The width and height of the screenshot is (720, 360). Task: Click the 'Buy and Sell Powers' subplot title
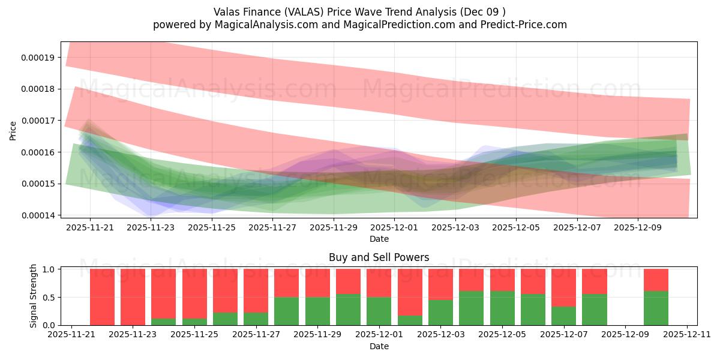(x=379, y=257)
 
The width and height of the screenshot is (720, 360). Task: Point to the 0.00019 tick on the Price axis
(x=38, y=58)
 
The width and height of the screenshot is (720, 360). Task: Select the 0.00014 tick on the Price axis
(x=38, y=215)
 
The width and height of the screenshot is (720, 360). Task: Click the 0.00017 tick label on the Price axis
(x=38, y=121)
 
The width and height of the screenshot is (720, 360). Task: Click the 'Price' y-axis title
(x=13, y=130)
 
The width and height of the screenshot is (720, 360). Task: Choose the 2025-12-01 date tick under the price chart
(x=394, y=228)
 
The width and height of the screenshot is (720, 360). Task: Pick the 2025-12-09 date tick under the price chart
(x=638, y=228)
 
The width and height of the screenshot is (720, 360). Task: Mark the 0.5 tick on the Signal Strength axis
(x=50, y=297)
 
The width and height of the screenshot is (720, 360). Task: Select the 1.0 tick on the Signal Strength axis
(x=50, y=269)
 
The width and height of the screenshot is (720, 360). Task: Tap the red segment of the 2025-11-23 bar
(x=133, y=296)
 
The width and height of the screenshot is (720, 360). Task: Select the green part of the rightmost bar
(x=656, y=308)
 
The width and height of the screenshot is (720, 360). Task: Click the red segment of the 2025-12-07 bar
(x=563, y=287)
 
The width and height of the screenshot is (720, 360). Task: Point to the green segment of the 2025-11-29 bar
(x=317, y=311)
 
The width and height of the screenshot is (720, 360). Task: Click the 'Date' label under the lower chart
(x=379, y=346)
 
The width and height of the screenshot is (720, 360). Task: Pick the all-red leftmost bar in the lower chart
(x=102, y=296)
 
